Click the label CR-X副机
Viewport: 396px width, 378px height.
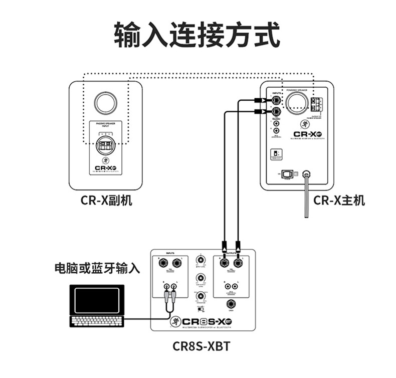(106, 201)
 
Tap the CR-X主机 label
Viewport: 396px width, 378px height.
(339, 201)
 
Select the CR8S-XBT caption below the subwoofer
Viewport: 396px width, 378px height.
(203, 346)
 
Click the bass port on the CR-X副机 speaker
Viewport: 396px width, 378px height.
(106, 102)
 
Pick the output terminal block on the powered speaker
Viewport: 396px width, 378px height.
(316, 104)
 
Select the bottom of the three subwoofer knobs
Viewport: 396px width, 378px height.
(201, 296)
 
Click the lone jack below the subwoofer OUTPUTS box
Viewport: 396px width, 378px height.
(231, 304)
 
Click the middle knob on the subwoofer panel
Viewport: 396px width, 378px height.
(201, 278)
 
